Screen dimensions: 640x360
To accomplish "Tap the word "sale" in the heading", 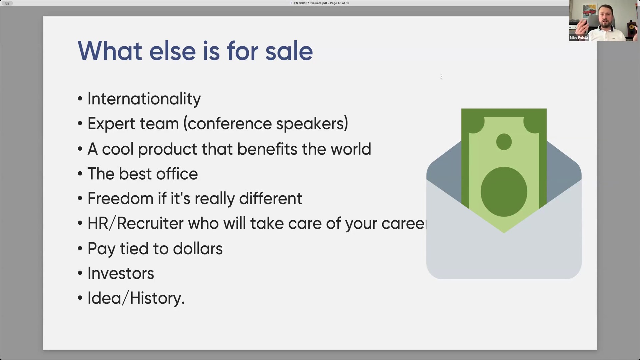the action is click(289, 51).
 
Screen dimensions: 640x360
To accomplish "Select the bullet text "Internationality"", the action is click(144, 99).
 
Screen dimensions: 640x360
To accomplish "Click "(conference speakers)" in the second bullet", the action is click(266, 124).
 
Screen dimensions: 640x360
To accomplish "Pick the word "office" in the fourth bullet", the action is click(177, 174).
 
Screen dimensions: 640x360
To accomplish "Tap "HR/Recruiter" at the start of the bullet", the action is click(135, 223).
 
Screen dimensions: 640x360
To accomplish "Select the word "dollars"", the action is click(198, 249).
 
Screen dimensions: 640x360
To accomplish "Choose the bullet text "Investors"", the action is click(121, 273).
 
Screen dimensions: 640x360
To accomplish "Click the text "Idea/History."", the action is click(136, 298).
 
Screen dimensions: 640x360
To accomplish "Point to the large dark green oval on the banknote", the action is click(504, 192).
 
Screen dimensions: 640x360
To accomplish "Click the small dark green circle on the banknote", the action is click(504, 142).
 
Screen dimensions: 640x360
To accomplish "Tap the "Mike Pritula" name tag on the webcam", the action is click(579, 38).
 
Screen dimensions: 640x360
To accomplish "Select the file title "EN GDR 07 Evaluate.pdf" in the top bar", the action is click(310, 3).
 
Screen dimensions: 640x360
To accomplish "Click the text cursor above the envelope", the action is click(441, 77).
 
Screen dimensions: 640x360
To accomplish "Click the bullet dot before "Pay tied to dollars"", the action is click(80, 248).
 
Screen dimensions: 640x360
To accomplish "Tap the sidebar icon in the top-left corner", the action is click(7, 3).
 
